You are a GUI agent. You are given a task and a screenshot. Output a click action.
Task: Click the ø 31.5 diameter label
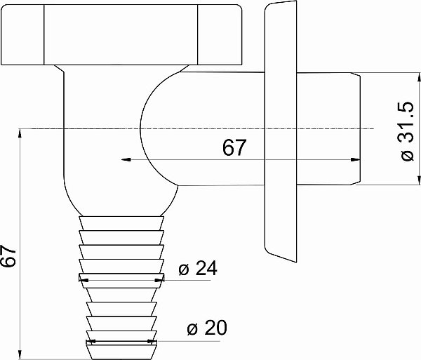pyautogui.click(x=406, y=131)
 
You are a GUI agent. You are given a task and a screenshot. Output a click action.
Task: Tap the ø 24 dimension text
pyautogui.click(x=198, y=268)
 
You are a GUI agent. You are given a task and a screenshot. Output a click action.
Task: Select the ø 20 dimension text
pyautogui.click(x=207, y=328)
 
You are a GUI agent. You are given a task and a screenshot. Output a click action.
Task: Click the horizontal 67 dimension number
pyautogui.click(x=234, y=147)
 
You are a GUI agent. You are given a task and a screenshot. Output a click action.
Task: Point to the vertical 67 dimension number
pyautogui.click(x=8, y=256)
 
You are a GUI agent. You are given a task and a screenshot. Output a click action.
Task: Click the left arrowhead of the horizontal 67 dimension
pyautogui.click(x=126, y=160)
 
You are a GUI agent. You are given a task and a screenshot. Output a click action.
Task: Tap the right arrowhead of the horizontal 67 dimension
pyautogui.click(x=355, y=160)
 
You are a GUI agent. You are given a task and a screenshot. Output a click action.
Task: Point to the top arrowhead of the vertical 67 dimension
pyautogui.click(x=20, y=134)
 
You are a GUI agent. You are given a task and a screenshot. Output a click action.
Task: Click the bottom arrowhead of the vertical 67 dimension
pyautogui.click(x=20, y=354)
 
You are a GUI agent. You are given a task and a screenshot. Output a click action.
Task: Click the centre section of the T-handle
pyautogui.click(x=121, y=35)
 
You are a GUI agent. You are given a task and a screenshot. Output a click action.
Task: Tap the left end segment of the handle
pyautogui.click(x=22, y=35)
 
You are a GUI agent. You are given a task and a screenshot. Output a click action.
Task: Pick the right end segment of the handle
pyautogui.click(x=220, y=35)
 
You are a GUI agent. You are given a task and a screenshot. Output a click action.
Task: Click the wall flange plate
pyautogui.click(x=281, y=131)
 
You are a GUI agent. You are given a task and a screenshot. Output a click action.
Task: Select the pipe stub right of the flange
pyautogui.click(x=328, y=129)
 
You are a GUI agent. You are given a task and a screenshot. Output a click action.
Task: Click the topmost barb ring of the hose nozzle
pyautogui.click(x=121, y=223)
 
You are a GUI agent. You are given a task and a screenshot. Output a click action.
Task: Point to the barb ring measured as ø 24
pyautogui.click(x=121, y=281)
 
